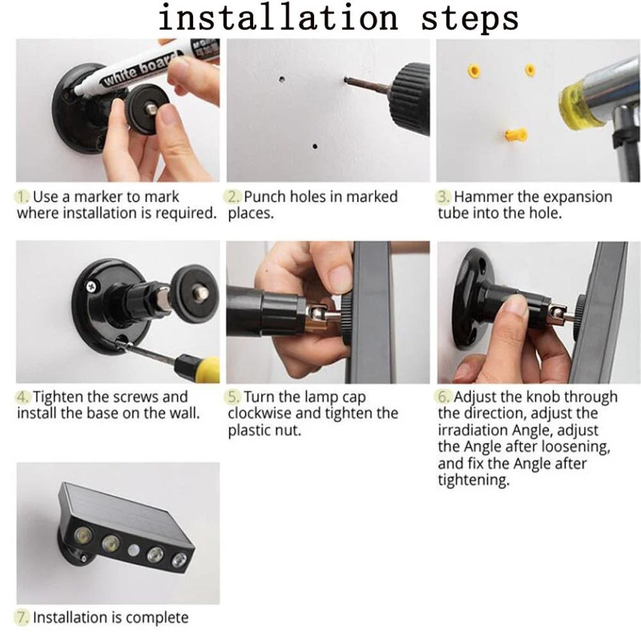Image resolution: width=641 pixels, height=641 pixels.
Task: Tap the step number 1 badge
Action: tap(23, 197)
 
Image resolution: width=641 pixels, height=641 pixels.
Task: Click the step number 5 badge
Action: tap(234, 397)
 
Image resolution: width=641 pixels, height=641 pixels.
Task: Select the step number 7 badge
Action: tap(23, 617)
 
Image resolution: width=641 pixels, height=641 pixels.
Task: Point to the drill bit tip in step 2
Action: tap(346, 79)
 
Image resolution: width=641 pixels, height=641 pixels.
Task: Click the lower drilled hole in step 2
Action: tap(315, 146)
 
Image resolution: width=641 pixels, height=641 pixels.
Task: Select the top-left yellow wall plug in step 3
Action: tap(474, 71)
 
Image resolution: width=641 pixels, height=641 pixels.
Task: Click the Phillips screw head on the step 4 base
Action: tap(91, 287)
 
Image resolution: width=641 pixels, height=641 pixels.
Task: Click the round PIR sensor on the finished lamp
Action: tap(134, 550)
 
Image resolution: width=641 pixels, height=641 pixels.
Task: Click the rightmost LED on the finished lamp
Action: tap(179, 560)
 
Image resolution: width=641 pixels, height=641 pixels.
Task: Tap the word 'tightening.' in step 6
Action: tap(474, 480)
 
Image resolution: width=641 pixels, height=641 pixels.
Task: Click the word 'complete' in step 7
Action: tap(158, 618)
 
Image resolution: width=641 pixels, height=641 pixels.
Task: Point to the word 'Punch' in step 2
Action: tap(265, 197)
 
